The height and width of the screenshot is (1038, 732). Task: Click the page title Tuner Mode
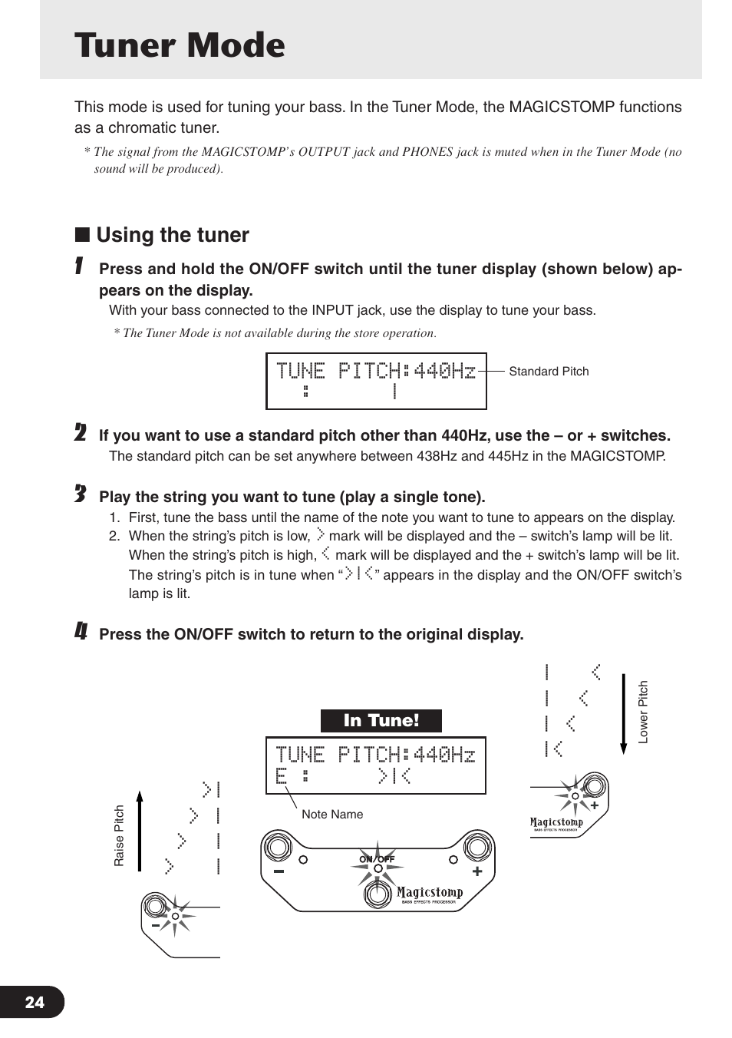point(180,45)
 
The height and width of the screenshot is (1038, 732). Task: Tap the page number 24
point(35,1002)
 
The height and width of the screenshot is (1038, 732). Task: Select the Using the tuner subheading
point(172,235)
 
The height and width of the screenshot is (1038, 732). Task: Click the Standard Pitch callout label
point(549,372)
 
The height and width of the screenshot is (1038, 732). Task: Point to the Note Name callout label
point(332,815)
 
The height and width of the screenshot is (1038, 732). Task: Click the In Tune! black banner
point(381,721)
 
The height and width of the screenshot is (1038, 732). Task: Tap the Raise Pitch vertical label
point(119,835)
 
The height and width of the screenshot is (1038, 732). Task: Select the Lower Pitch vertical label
point(643,712)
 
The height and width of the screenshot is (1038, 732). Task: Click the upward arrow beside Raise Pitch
point(140,831)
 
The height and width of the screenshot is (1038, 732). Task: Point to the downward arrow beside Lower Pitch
point(623,714)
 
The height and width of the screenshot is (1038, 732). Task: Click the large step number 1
point(79,267)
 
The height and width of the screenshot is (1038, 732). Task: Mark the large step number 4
point(81,632)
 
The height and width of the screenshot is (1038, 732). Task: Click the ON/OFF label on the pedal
point(377,859)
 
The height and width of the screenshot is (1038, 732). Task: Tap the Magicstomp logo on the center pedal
point(430,893)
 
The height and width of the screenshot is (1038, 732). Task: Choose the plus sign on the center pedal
point(477,871)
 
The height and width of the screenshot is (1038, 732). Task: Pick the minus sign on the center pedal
point(279,872)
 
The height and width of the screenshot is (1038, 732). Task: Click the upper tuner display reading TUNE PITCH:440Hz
point(376,372)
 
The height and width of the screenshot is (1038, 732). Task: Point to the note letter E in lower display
point(281,776)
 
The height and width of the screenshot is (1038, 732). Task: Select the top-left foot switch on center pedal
point(277,847)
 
